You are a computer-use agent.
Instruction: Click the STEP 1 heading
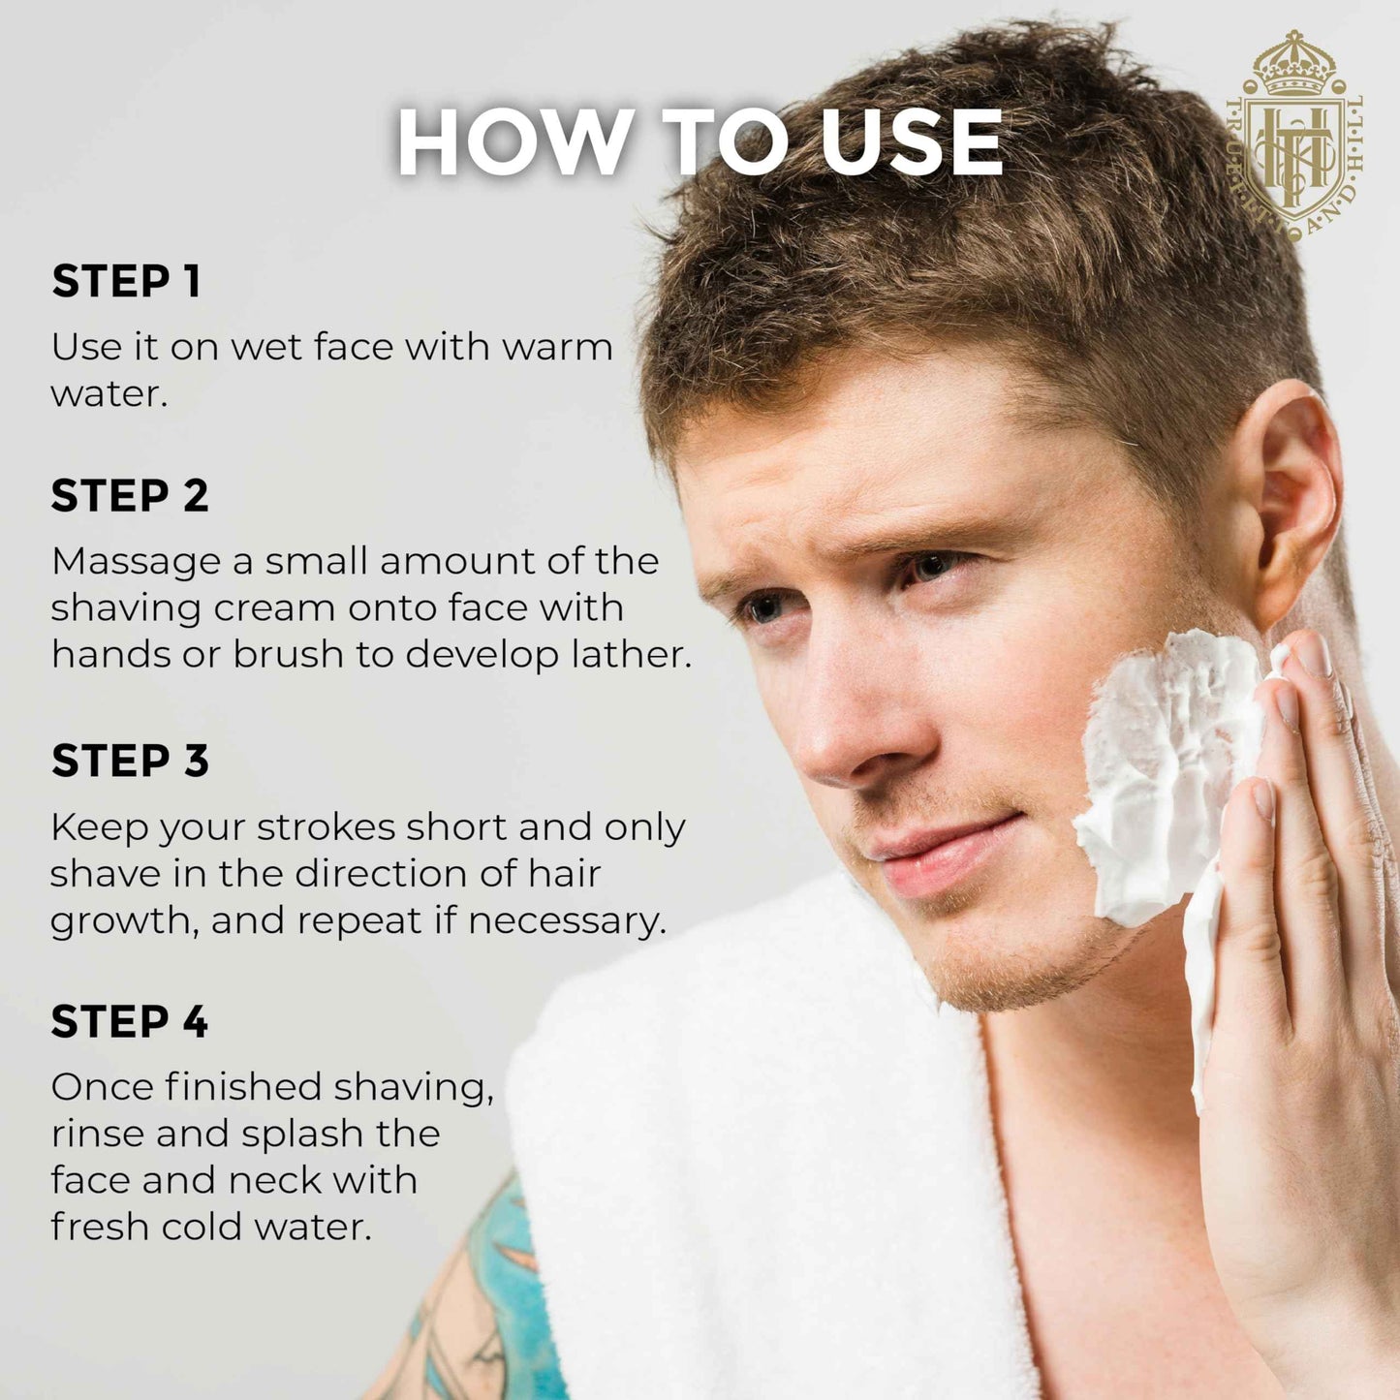(x=126, y=281)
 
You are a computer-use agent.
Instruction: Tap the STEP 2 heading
(x=129, y=495)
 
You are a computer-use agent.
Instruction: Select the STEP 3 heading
(x=129, y=761)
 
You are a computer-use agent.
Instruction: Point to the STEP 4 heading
(x=129, y=1021)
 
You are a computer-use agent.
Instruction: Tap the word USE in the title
(x=911, y=141)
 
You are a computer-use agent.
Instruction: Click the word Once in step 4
(x=100, y=1088)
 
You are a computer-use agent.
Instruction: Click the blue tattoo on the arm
(x=501, y=1286)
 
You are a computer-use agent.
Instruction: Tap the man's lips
(x=945, y=854)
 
